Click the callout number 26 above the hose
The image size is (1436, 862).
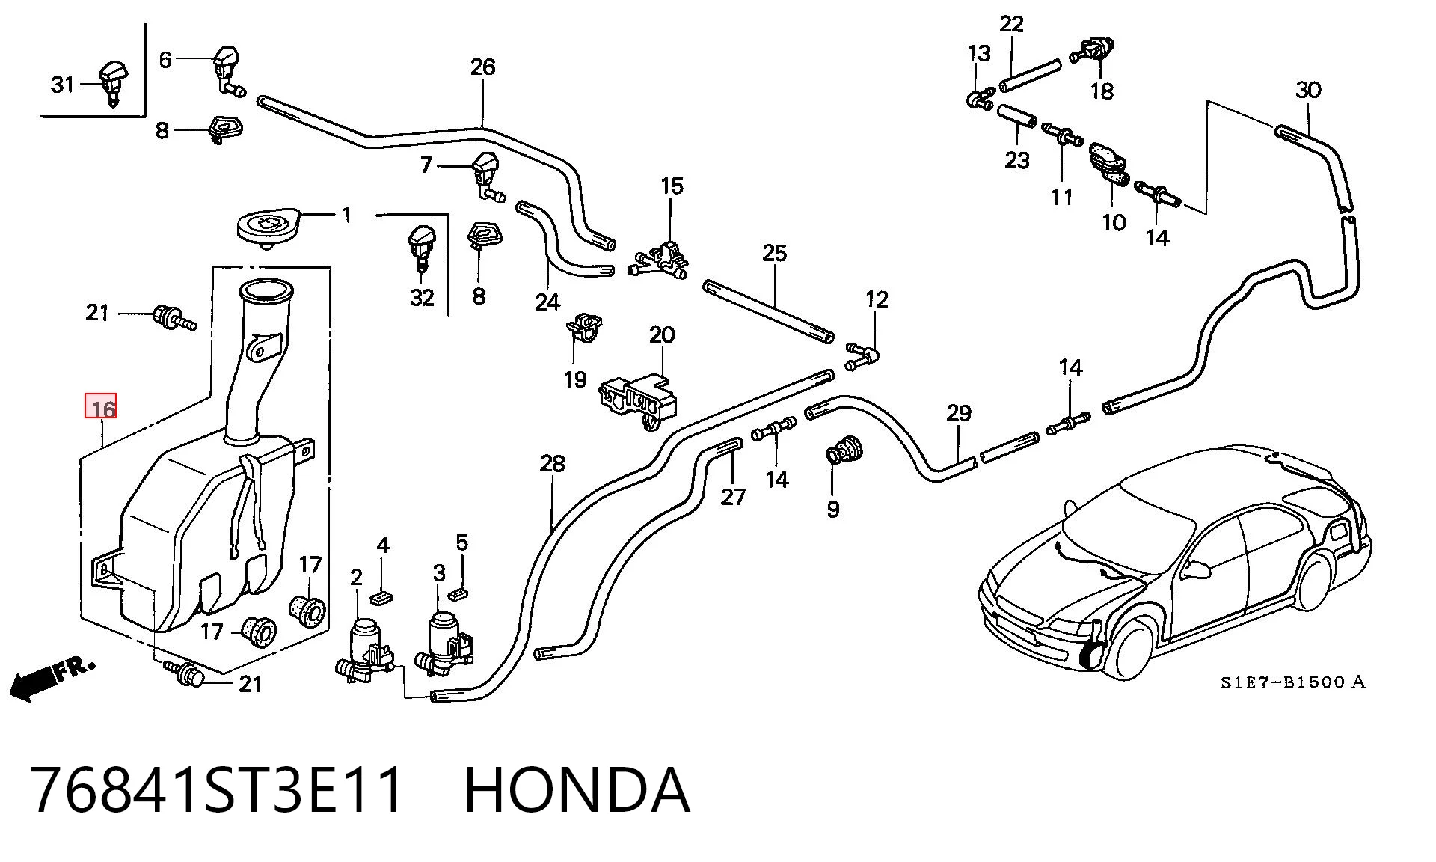click(483, 67)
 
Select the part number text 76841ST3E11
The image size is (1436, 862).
click(218, 790)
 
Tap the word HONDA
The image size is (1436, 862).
click(577, 790)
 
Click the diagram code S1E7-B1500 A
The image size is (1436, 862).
click(1293, 682)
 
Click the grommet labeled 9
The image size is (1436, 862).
click(844, 451)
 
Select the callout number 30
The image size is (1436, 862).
click(1308, 90)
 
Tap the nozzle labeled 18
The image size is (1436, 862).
click(1093, 49)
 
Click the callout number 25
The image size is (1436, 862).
click(775, 253)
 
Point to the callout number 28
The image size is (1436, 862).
click(552, 464)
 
